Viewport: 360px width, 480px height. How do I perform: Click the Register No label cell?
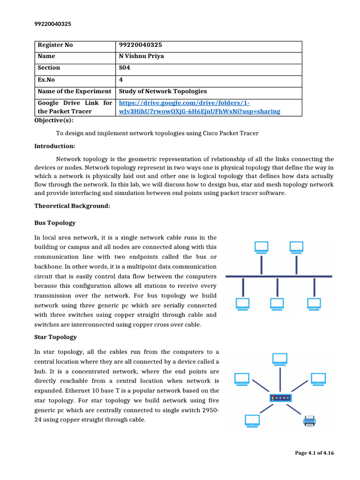click(x=55, y=45)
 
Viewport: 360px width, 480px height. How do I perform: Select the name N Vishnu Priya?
click(x=141, y=56)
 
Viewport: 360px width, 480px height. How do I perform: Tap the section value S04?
click(x=125, y=68)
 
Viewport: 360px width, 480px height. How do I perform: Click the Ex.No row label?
click(x=46, y=80)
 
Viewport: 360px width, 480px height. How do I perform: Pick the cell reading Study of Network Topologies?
click(x=163, y=91)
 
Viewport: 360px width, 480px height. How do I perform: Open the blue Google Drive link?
click(x=199, y=107)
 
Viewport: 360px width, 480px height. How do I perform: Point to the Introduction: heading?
click(x=54, y=146)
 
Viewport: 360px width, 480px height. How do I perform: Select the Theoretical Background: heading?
click(x=72, y=206)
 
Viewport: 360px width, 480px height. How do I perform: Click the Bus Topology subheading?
click(x=55, y=223)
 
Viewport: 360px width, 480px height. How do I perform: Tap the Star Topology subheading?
click(x=55, y=337)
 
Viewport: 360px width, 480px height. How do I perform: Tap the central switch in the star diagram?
click(x=280, y=398)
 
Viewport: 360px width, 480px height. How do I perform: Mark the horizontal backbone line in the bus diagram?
click(x=279, y=277)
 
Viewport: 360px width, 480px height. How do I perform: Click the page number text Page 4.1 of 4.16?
click(x=314, y=453)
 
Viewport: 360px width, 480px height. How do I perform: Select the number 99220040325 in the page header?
click(x=53, y=24)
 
